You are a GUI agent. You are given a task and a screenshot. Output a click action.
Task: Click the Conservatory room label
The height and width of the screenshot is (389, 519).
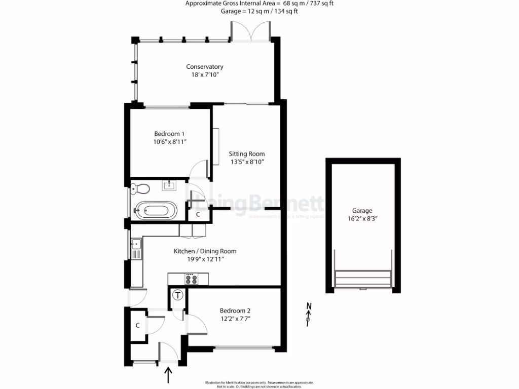(x=204, y=67)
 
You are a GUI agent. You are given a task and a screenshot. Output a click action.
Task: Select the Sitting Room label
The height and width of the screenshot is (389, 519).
(x=246, y=154)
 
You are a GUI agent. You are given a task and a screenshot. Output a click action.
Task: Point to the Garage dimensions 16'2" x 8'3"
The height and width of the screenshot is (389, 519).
(x=362, y=219)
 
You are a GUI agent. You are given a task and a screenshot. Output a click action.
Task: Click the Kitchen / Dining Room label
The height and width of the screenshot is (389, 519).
(x=205, y=251)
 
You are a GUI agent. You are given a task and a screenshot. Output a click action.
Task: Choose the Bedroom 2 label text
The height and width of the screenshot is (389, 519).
(x=235, y=310)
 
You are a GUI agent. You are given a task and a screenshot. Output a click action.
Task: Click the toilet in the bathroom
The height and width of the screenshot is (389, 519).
(x=140, y=189)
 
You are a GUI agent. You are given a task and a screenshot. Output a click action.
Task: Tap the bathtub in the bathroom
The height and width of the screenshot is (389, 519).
(x=156, y=210)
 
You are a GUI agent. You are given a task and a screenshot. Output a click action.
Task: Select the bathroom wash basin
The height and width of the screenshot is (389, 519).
(x=169, y=185)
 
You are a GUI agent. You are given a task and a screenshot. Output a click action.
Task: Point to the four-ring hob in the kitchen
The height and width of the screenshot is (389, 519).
(x=191, y=279)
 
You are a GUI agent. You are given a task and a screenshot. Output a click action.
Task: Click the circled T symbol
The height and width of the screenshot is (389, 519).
(x=177, y=295)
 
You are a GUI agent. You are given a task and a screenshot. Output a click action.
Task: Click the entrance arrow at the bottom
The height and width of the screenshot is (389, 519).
(x=168, y=376)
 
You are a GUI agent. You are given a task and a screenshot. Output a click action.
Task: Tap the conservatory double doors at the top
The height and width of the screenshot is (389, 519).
(x=250, y=30)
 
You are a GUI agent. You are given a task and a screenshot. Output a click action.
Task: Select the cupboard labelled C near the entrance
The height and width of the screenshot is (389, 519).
(x=138, y=325)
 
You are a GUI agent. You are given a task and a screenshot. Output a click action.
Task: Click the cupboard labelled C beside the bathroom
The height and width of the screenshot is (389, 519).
(x=198, y=214)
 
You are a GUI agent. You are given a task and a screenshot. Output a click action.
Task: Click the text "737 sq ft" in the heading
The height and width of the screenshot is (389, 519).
(x=320, y=4)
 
